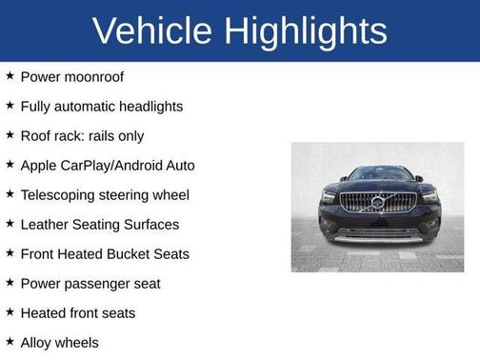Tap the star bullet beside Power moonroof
pyautogui.click(x=10, y=76)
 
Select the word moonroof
pyautogui.click(x=93, y=77)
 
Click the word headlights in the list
pyautogui.click(x=144, y=107)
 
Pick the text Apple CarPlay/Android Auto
pyautogui.click(x=108, y=166)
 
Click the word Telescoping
pyautogui.click(x=57, y=195)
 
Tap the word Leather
pyautogui.click(x=45, y=225)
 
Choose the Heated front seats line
pyautogui.click(x=78, y=313)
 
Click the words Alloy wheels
pyautogui.click(x=59, y=343)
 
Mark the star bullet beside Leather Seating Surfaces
pyautogui.click(x=10, y=224)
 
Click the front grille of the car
pyautogui.click(x=377, y=204)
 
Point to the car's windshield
pyautogui.click(x=378, y=174)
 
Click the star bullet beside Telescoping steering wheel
pyautogui.click(x=10, y=194)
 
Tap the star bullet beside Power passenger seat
pyautogui.click(x=10, y=283)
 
